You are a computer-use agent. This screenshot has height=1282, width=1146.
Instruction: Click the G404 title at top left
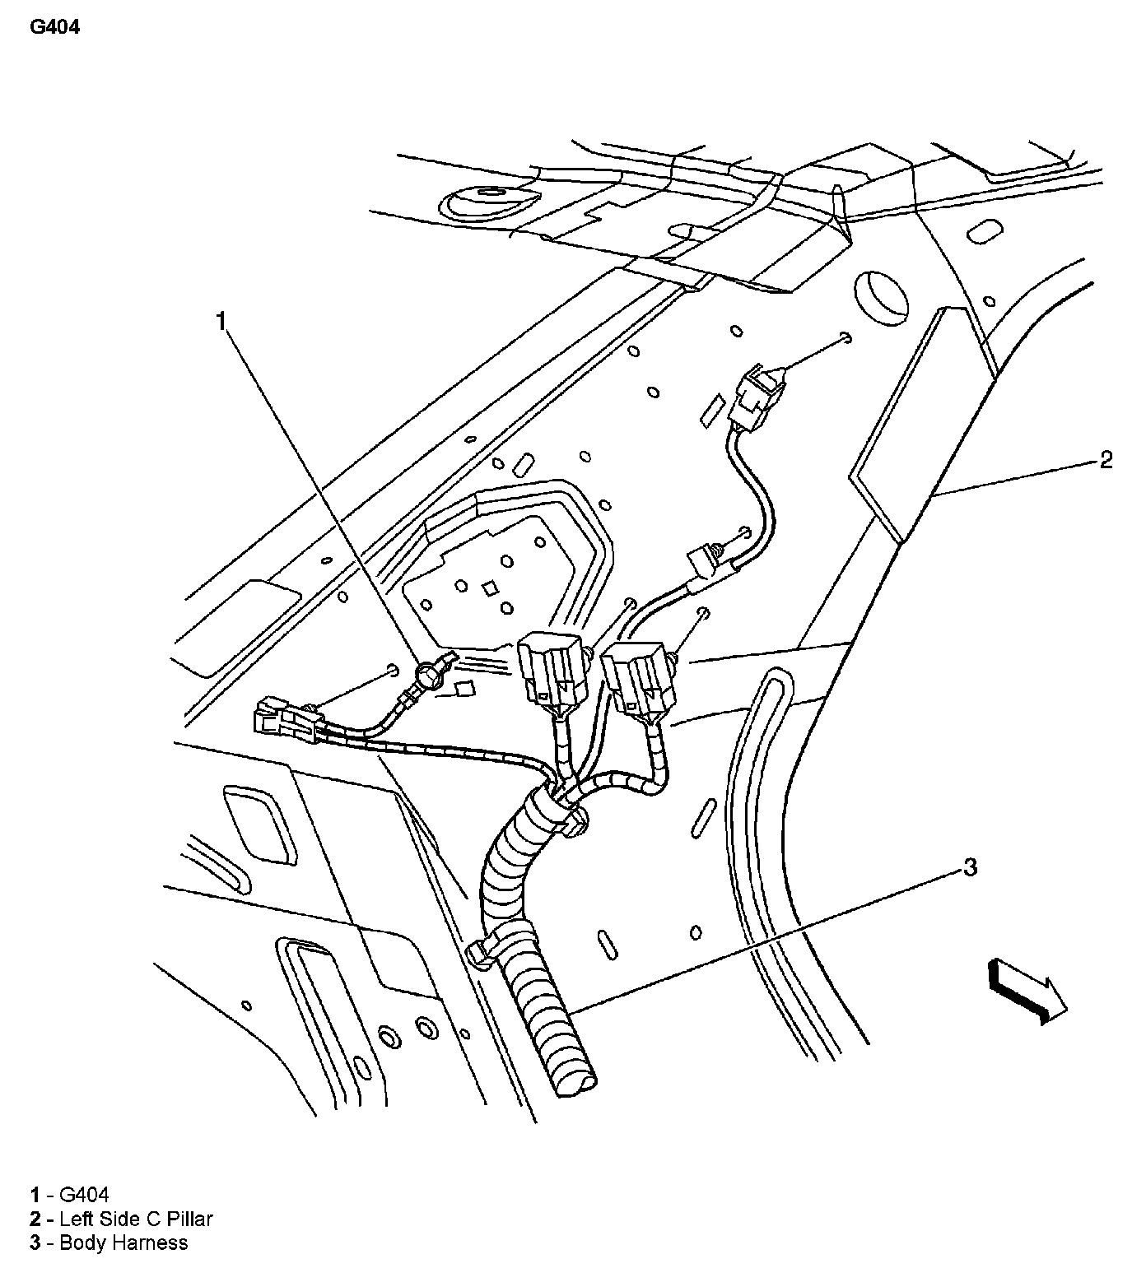[x=55, y=27]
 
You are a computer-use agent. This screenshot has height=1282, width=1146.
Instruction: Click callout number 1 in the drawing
[x=221, y=321]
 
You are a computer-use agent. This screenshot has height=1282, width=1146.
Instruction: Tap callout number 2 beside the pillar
[x=1106, y=460]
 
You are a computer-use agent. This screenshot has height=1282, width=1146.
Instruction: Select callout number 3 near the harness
[x=970, y=866]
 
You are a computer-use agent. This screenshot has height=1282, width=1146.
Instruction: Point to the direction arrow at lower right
[x=1027, y=991]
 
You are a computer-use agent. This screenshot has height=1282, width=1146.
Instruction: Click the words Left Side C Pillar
[x=136, y=1219]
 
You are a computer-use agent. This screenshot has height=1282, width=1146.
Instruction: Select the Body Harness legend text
[x=123, y=1243]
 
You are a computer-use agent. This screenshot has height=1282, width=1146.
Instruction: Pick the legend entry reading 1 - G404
[x=70, y=1195]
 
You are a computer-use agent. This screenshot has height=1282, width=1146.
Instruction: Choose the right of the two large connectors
[x=638, y=676]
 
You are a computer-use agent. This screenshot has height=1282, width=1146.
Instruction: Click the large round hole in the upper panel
[x=882, y=299]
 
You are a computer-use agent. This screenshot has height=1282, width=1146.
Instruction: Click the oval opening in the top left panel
[x=488, y=200]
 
